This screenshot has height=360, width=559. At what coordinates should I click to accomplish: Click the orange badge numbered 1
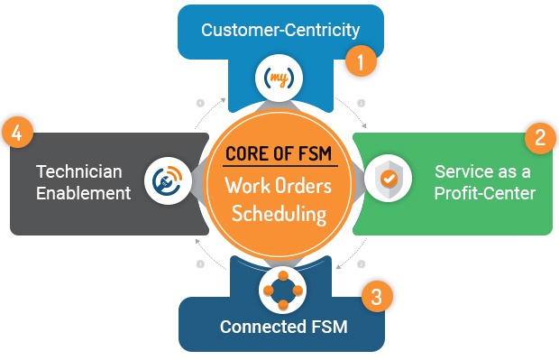[361, 61]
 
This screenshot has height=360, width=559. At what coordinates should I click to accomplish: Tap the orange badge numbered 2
[540, 138]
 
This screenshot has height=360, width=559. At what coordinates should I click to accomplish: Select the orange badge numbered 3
[377, 296]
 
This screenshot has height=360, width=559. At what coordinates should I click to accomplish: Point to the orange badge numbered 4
[17, 133]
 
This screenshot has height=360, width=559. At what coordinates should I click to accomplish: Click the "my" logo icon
[279, 78]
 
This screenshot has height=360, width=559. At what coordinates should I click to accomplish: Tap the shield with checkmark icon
[389, 178]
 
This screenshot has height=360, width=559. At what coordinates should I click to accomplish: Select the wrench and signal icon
[168, 180]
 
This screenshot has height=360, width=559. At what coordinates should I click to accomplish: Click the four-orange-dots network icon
[283, 290]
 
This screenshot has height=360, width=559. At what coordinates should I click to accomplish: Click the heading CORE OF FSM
[279, 153]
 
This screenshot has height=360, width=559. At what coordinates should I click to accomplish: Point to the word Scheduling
[279, 214]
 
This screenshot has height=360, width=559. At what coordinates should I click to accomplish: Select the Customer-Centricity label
[280, 31]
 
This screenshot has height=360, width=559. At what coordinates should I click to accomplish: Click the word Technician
[79, 171]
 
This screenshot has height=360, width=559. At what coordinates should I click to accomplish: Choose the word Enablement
[84, 193]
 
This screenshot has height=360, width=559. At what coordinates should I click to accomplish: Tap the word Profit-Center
[485, 193]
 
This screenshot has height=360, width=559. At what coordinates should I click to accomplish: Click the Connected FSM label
[284, 327]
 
